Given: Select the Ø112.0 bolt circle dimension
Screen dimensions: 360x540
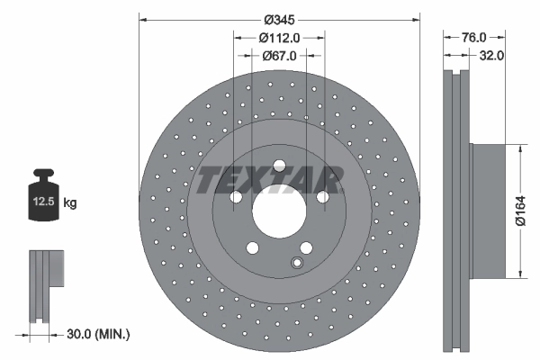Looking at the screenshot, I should (x=279, y=37).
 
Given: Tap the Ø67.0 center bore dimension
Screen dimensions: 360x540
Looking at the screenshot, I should (x=279, y=56).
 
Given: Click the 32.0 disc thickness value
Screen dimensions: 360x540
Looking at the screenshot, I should (x=491, y=55).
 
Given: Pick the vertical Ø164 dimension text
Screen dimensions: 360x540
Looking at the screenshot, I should (x=519, y=209).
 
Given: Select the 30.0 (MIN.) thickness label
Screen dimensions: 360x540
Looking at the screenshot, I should (x=99, y=334).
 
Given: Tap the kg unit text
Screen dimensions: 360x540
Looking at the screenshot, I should (x=70, y=203).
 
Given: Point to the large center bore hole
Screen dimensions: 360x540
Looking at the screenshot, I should (x=278, y=213).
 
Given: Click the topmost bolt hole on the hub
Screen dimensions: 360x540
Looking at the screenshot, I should (x=279, y=166).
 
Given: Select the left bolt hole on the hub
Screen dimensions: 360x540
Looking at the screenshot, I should (x=235, y=198).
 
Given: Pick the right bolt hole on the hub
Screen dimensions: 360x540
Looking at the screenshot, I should (x=322, y=198).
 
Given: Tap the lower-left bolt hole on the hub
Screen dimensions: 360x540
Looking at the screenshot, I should (x=252, y=249).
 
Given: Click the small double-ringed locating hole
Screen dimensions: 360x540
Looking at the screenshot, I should (x=296, y=263).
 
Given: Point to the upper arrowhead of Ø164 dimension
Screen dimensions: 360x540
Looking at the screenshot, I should (x=519, y=146).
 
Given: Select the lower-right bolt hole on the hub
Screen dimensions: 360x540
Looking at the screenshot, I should (x=306, y=249).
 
